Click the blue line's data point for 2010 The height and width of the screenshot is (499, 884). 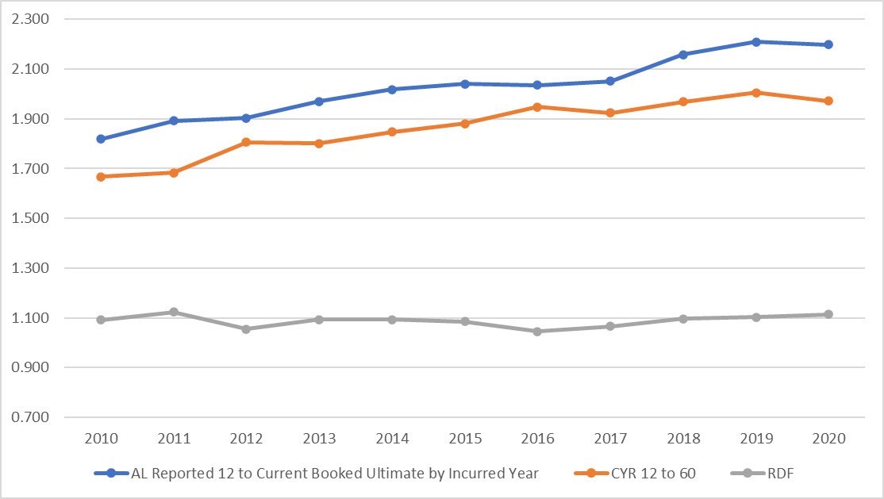coord(102,139)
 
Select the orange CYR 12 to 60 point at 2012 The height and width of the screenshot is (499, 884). coord(246,142)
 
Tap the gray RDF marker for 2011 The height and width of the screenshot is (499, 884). coord(174,312)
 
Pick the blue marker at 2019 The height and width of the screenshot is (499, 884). coord(756,41)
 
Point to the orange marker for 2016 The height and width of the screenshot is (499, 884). coord(537,106)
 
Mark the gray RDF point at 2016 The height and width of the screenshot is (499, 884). coord(537,332)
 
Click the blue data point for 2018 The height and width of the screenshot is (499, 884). coord(683,54)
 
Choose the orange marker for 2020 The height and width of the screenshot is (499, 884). coord(828,101)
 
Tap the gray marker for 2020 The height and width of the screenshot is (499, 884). coord(828,314)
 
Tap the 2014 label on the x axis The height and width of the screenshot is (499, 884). coord(392,439)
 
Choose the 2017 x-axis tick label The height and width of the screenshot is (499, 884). coord(610,439)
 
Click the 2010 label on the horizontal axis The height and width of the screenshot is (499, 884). coord(102,439)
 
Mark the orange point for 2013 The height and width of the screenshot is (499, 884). coord(319,144)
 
